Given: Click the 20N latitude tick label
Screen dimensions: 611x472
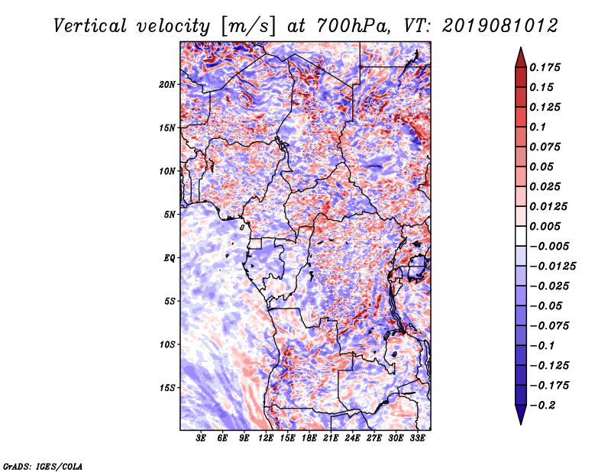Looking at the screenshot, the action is pos(166,84).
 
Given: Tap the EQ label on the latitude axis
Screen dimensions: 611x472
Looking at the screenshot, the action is pos(170,257).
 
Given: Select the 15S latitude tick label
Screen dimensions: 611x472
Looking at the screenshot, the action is pos(167,388).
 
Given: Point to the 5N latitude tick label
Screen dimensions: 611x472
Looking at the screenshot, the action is pos(170,215).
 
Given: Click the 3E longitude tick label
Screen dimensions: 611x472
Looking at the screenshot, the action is pos(201,438).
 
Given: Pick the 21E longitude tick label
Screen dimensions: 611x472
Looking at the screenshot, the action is pos(331,438).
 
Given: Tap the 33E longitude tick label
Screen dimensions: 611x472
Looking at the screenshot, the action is pos(417,438).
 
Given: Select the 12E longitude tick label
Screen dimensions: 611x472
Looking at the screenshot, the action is pos(265,438).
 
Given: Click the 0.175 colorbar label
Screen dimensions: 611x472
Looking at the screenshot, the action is pos(545,67).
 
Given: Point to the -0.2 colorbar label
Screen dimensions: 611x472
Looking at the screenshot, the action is pos(542,406).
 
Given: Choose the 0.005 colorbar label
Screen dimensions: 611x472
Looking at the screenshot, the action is pos(545,226).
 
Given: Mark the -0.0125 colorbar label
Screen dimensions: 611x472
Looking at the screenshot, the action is pos(552,267).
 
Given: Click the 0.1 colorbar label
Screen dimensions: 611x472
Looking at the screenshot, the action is pos(538,127).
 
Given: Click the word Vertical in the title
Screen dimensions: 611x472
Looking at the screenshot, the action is pos(90,26).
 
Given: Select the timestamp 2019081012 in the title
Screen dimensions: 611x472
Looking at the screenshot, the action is pos(500,26).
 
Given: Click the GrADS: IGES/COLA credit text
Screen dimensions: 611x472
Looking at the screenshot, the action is pos(43,466).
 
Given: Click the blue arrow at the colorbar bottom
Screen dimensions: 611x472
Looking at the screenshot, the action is pos(521,414).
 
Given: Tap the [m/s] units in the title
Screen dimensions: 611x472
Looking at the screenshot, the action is pos(248,26).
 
